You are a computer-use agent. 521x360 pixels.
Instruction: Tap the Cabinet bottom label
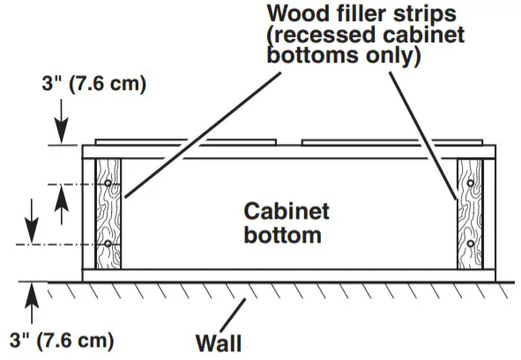287,223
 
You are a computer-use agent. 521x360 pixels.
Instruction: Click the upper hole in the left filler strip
107,184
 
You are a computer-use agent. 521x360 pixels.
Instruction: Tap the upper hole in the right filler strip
472,184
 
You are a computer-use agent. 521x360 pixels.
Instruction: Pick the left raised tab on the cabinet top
141,140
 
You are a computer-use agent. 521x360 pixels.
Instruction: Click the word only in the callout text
395,56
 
